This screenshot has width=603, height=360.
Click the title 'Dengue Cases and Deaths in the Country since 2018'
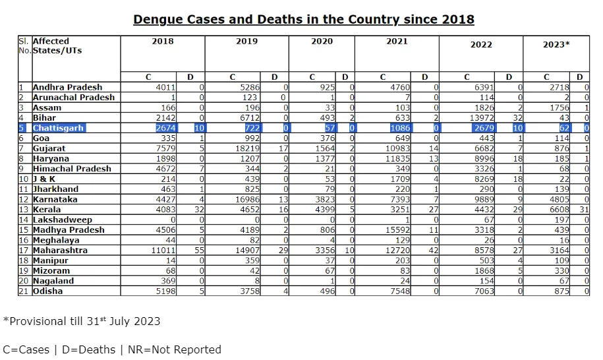(x=303, y=19)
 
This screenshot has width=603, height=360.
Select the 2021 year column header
(x=397, y=42)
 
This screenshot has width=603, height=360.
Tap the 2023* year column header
(x=556, y=44)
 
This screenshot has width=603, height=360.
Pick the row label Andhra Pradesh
(x=67, y=87)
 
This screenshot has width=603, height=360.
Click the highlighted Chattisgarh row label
(x=58, y=128)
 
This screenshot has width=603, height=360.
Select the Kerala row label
(x=47, y=210)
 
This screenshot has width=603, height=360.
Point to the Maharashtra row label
(x=60, y=251)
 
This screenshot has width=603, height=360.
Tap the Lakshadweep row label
(x=62, y=220)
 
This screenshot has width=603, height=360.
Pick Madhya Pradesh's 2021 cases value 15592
(x=397, y=230)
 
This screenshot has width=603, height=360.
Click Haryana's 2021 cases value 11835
(x=397, y=159)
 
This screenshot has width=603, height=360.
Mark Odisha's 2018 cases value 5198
(x=165, y=291)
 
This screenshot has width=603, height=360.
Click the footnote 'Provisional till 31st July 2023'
(x=82, y=322)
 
